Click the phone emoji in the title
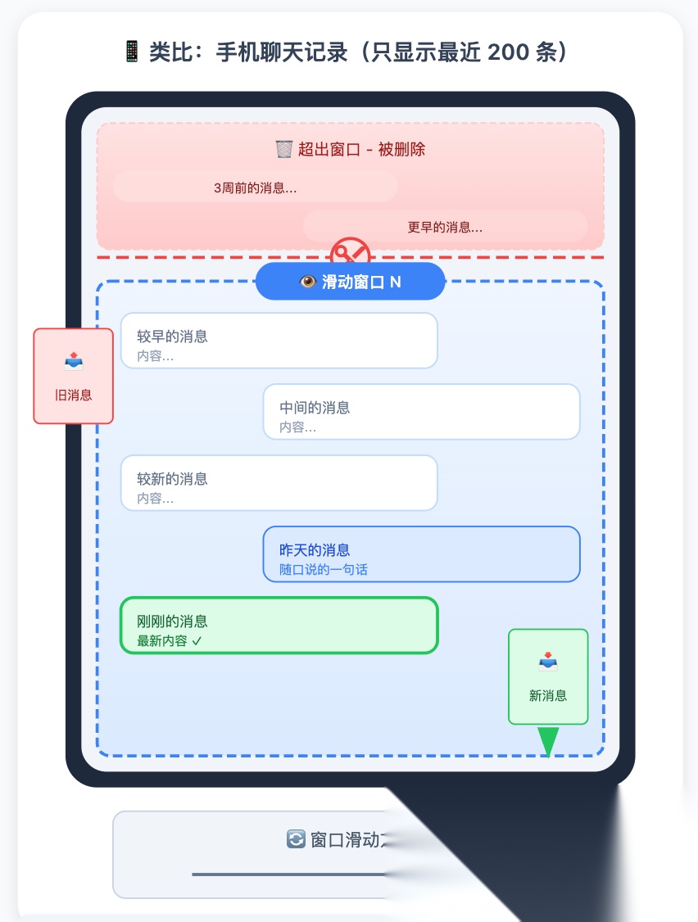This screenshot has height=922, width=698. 131,52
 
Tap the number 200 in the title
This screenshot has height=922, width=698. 505,52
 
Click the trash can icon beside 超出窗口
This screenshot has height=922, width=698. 283,149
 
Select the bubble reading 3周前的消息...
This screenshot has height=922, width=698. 255,188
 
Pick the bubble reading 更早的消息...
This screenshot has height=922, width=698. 445,227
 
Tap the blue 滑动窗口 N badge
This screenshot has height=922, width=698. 350,282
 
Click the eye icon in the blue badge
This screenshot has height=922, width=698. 308,282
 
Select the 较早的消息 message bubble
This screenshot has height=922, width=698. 279,341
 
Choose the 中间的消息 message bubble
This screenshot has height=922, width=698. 421,412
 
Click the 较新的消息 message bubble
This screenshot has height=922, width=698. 279,483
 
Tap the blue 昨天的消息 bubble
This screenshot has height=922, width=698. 421,554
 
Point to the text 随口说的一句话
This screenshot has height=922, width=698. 324,570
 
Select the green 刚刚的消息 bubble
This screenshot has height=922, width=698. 279,626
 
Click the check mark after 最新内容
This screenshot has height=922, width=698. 197,641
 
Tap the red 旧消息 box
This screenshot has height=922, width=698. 73,376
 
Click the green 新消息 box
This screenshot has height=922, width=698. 548,676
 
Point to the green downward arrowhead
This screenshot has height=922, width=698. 548,742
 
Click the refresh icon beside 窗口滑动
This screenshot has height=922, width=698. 296,839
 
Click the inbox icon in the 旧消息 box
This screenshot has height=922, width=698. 73,361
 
